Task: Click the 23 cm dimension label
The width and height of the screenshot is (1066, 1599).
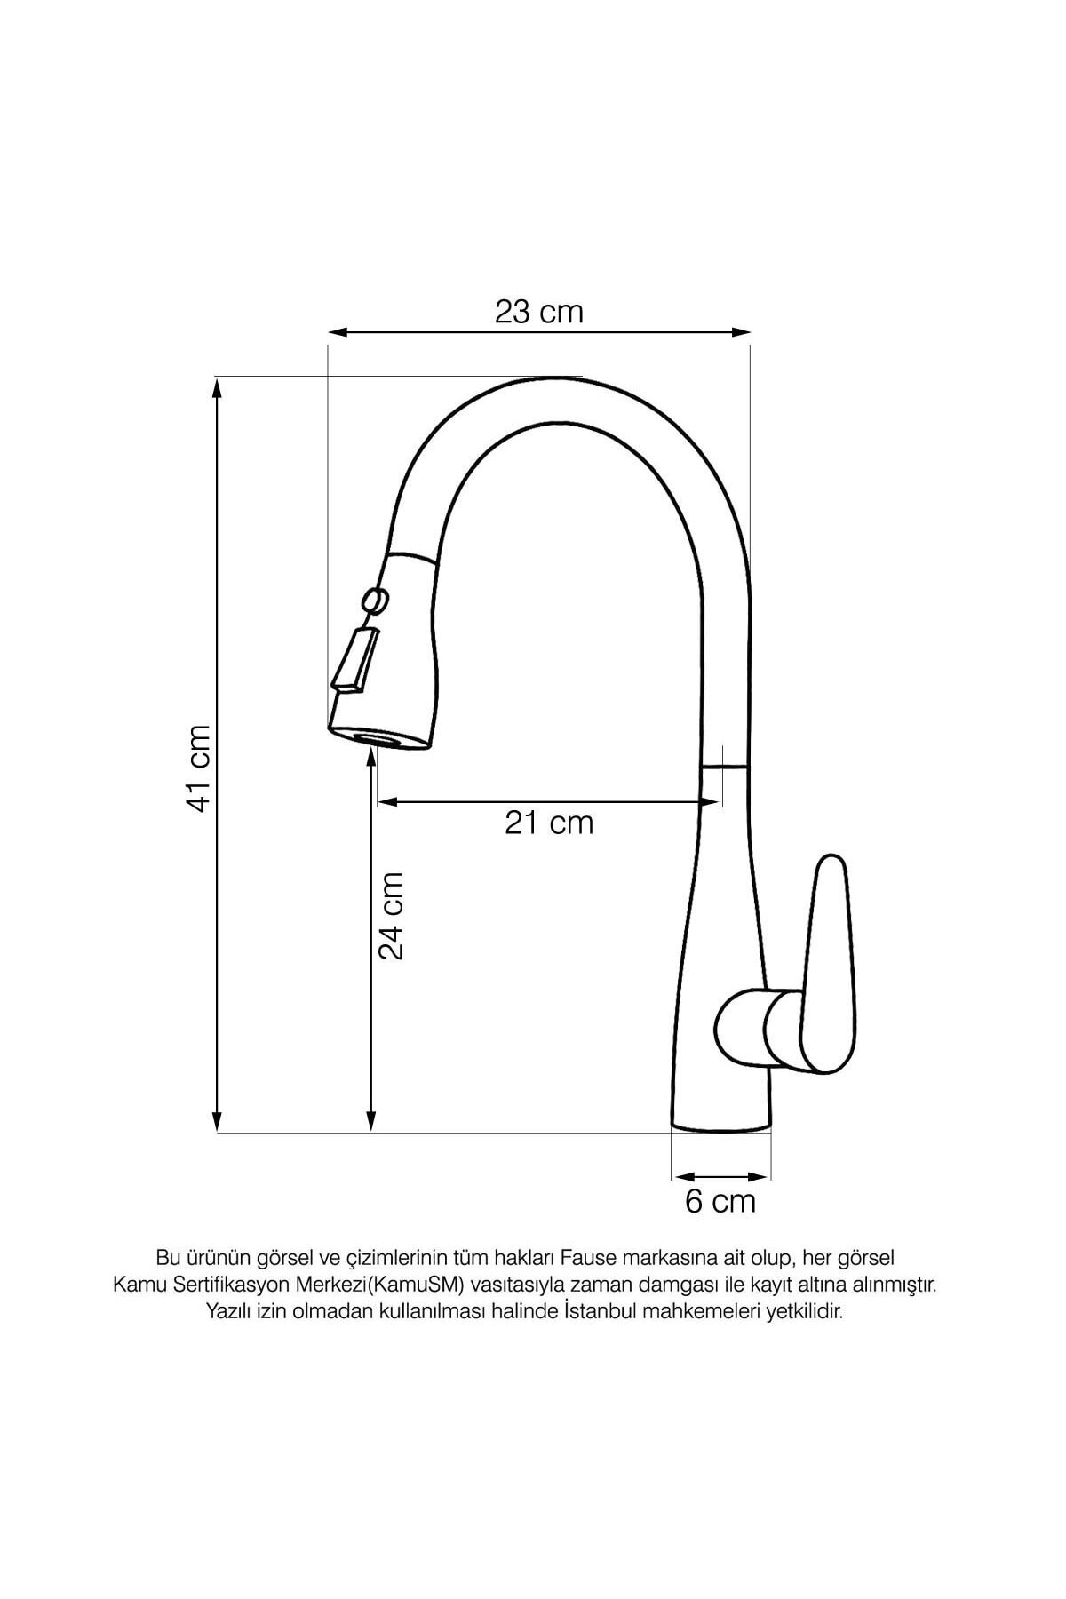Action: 539,312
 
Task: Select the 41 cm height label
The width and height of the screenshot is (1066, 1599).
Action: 199,768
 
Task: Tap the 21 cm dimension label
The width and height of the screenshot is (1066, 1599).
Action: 549,823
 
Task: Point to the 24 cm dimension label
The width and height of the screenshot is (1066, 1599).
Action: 391,915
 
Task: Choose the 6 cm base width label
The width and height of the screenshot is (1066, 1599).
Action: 720,1202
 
